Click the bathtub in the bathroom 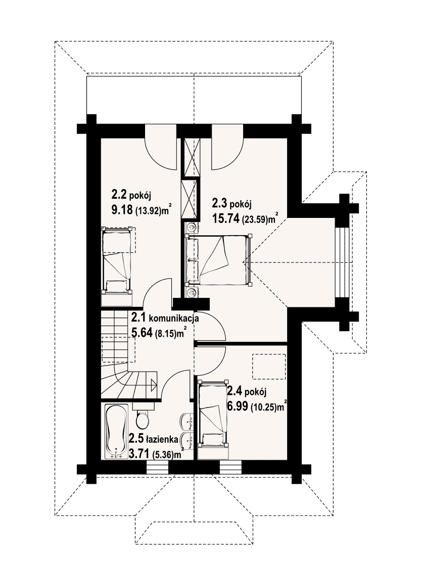click(116, 432)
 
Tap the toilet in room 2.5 click(142, 417)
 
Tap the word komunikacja click(174, 319)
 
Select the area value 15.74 click(225, 218)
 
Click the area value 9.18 click(122, 210)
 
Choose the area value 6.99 click(238, 406)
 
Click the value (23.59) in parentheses click(255, 220)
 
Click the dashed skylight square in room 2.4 click(269, 367)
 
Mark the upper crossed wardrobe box click(191, 157)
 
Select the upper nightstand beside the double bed click(191, 226)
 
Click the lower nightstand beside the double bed click(191, 293)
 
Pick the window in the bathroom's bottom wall click(157, 467)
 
